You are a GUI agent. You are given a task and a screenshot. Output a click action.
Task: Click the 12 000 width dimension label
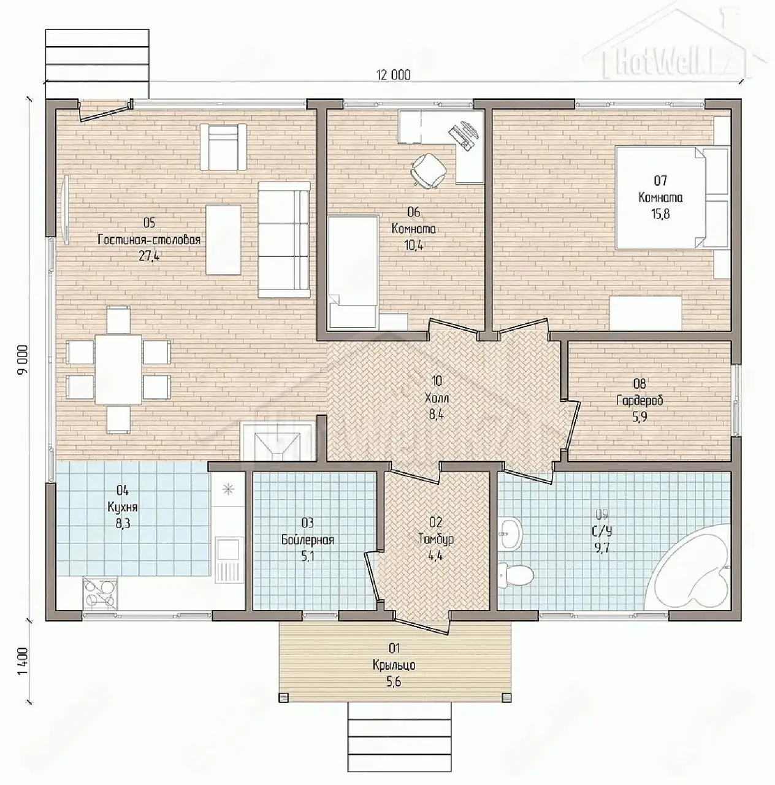(393, 75)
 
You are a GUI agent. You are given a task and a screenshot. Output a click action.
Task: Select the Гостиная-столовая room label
(149, 240)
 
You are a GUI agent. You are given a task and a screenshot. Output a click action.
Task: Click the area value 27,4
(149, 256)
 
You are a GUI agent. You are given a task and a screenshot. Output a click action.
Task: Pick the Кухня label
(123, 507)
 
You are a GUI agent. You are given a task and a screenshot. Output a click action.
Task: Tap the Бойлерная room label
(308, 540)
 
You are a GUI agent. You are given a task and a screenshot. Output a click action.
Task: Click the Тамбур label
(436, 539)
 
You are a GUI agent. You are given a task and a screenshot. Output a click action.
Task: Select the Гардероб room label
(639, 400)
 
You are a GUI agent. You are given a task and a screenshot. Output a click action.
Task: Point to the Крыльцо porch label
(394, 665)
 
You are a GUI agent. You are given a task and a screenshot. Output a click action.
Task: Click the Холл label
(437, 397)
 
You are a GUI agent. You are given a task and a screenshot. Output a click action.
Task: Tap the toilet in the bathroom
(516, 575)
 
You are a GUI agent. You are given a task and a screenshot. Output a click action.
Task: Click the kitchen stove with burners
(100, 592)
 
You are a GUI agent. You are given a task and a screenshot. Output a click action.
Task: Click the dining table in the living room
(118, 369)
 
